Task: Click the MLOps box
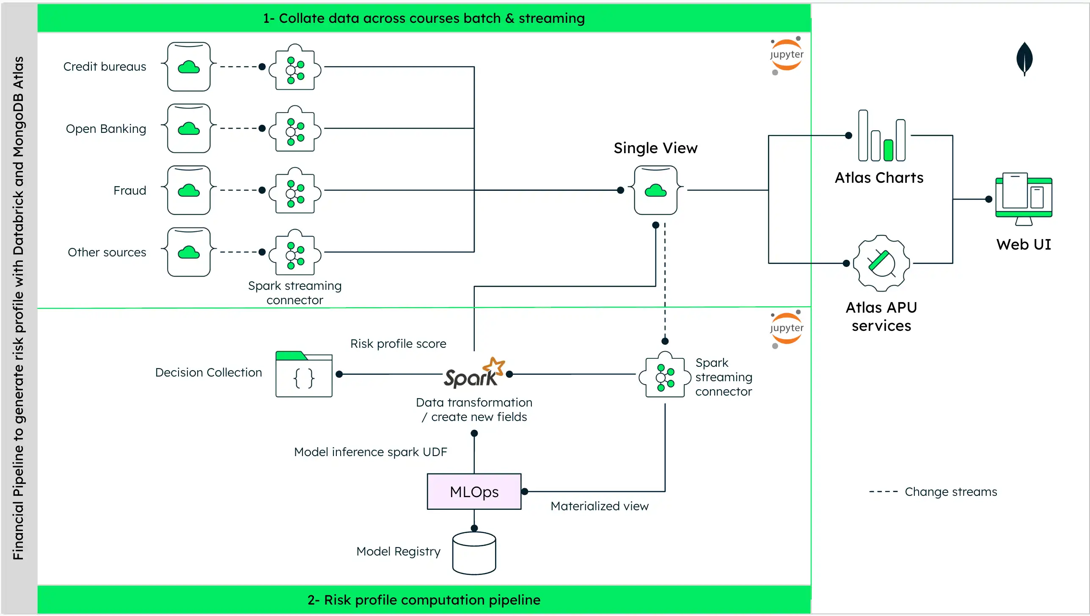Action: tap(474, 492)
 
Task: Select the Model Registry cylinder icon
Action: tap(474, 553)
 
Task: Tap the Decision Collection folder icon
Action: tap(304, 374)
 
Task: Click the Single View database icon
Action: tap(655, 190)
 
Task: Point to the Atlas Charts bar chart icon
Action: tap(882, 136)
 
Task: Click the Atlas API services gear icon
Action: tap(881, 263)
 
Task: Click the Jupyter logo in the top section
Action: tap(786, 55)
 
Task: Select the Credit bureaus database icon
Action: tap(189, 66)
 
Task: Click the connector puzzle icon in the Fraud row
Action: tap(295, 190)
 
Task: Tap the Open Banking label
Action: tap(106, 129)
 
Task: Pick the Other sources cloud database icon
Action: tap(189, 252)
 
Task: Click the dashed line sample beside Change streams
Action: tap(883, 492)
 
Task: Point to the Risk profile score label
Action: tap(398, 344)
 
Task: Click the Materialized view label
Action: tap(599, 506)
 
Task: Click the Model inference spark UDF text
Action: tap(370, 452)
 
